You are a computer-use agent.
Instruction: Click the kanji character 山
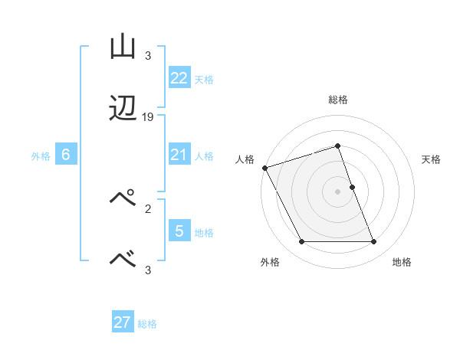123,47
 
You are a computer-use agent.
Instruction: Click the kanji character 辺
123,111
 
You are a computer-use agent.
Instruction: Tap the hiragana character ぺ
123,198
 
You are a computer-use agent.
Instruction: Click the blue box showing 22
179,78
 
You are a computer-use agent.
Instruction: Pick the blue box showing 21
179,155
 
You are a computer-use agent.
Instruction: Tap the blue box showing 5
179,231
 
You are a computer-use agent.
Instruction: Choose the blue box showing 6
66,155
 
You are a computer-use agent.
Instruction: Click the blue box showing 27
123,322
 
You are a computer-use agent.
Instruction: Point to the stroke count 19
148,117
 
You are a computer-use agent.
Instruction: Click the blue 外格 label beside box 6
41,156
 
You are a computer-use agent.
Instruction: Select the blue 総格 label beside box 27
147,324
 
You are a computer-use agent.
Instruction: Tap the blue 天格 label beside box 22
204,79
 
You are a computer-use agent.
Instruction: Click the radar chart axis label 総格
338,100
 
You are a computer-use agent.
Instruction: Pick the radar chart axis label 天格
431,159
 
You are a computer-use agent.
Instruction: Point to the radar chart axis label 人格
245,159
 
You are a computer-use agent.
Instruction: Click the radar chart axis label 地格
402,262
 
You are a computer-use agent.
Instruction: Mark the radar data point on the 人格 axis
265,168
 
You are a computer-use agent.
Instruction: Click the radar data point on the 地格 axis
373,242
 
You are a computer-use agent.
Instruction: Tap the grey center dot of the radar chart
338,191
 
